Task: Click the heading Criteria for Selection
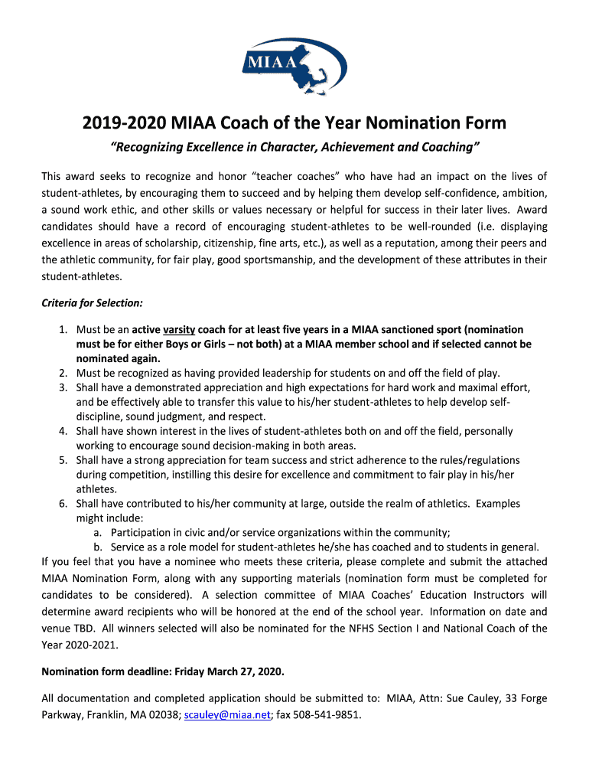92,303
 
